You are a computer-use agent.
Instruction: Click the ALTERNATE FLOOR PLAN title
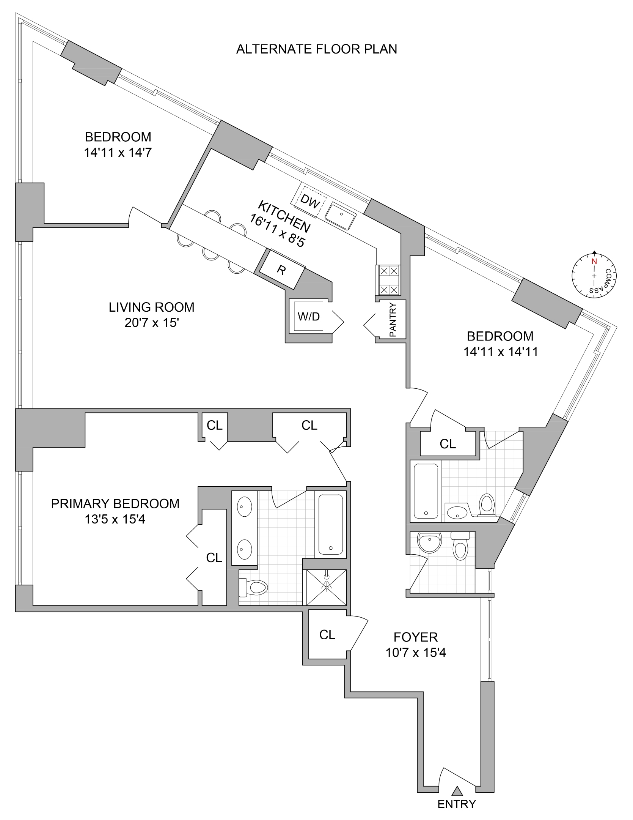[316, 49]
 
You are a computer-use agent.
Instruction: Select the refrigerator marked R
[281, 270]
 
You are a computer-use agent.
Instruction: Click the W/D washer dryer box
[309, 317]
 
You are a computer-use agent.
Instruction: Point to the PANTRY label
[393, 320]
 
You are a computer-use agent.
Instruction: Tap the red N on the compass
[594, 261]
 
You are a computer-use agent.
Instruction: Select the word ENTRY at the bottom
[456, 804]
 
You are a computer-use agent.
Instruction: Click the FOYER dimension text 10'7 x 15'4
[416, 653]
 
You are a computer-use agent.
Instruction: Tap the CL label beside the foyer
[327, 635]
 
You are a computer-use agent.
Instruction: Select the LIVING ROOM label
[151, 307]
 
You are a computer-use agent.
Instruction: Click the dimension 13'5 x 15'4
[115, 519]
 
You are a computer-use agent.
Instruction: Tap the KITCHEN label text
[284, 217]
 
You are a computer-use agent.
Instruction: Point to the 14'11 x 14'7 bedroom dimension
[118, 153]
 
